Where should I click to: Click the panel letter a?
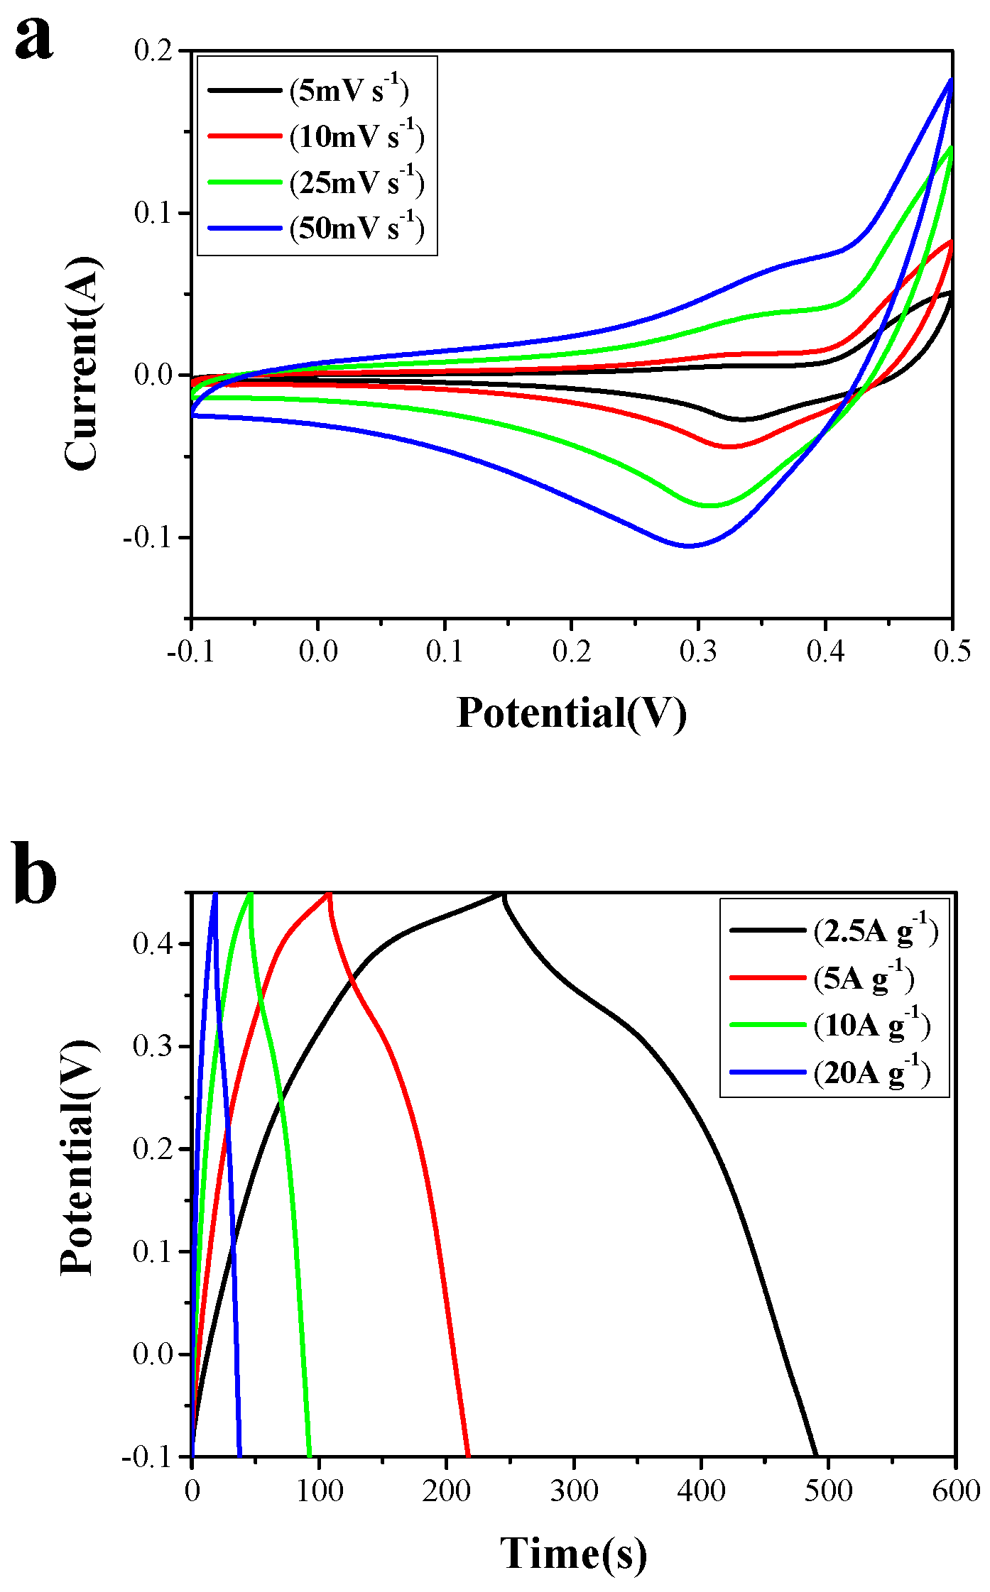pos(33,37)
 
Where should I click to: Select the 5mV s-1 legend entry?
pos(348,91)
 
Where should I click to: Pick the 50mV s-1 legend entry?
pos(356,229)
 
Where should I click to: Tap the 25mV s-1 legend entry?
pos(356,182)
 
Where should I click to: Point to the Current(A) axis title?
pos(82,363)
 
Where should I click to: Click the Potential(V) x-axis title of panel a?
pos(571,713)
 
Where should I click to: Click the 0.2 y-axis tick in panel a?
pos(153,51)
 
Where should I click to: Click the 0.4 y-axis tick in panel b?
pos(152,944)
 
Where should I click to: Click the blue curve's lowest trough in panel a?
pos(689,545)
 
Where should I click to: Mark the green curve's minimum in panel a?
pos(710,505)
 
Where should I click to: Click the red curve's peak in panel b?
pos(328,894)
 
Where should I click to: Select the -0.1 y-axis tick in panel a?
pos(148,537)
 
